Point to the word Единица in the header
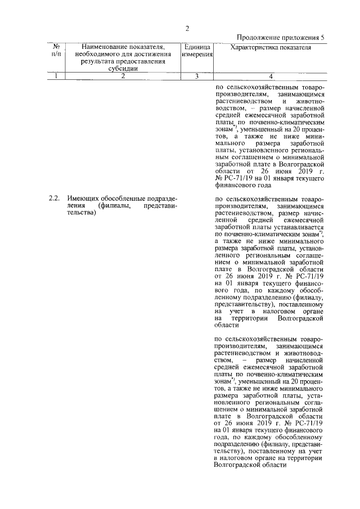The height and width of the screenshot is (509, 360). [197, 47]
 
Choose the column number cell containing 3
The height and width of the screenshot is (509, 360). [197, 76]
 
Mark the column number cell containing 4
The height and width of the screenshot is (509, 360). [271, 76]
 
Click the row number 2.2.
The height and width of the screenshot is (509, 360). [54, 199]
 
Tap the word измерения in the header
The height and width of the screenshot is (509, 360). [197, 54]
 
